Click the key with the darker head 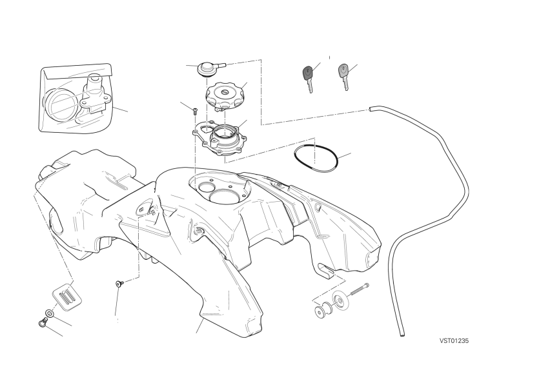click(x=308, y=78)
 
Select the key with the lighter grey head click(x=344, y=76)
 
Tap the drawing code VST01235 click(x=454, y=341)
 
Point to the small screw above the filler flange click(x=195, y=111)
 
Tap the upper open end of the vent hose click(x=371, y=109)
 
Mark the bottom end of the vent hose click(x=402, y=334)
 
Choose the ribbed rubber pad click(x=67, y=297)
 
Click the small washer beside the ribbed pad click(x=50, y=313)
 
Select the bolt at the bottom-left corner click(x=43, y=322)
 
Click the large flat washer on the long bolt click(x=341, y=301)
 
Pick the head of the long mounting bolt click(x=366, y=286)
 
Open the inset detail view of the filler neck click(x=76, y=98)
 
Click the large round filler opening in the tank click(x=226, y=197)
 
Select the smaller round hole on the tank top click(x=206, y=187)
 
